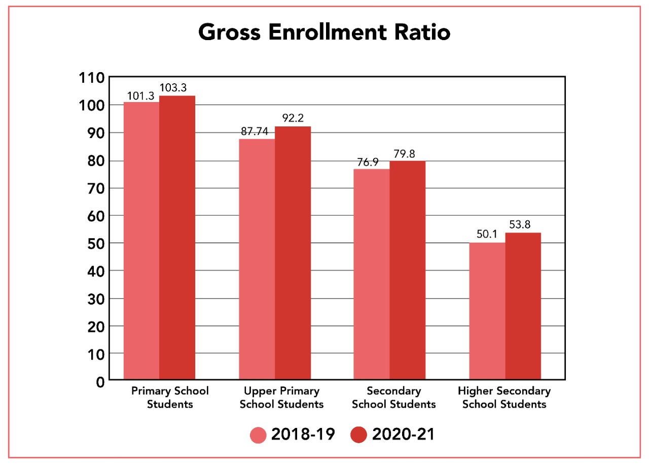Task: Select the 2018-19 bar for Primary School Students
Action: [x=141, y=241]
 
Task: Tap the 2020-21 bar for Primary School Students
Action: [x=177, y=238]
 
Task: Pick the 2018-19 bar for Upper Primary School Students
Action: [x=257, y=259]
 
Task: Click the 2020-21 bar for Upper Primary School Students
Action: [x=293, y=253]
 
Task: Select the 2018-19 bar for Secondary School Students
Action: [x=372, y=274]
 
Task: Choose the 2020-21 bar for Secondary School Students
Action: [x=407, y=270]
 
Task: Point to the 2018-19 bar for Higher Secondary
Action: [x=487, y=311]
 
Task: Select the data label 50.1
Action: [x=487, y=234]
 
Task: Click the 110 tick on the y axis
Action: [x=91, y=78]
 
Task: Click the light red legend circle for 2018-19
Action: [x=258, y=435]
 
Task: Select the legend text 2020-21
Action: [x=403, y=435]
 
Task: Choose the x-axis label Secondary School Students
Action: [x=393, y=398]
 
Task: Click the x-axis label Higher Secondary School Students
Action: [x=504, y=398]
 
